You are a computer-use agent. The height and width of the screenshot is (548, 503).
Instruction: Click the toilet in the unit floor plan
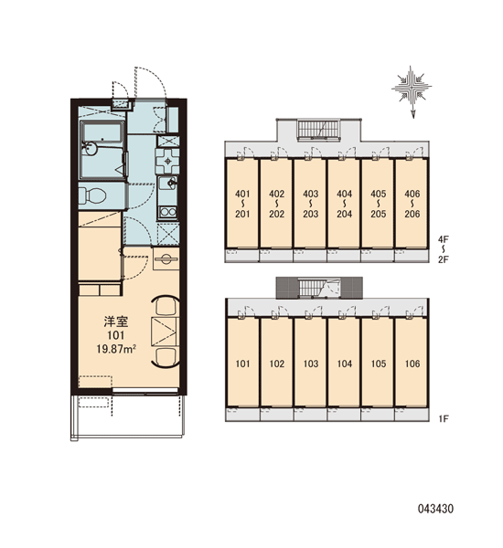tap(91, 195)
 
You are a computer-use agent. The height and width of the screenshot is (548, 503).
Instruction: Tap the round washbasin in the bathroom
tap(90, 149)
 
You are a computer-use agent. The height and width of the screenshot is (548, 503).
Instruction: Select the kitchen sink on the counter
tap(168, 183)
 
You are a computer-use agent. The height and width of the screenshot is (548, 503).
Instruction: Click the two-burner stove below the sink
tap(168, 212)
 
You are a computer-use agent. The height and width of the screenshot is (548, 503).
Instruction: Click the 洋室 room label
tap(116, 321)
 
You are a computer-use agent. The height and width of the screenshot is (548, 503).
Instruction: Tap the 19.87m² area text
tap(116, 349)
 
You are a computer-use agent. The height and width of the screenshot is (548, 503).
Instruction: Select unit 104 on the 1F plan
tap(344, 363)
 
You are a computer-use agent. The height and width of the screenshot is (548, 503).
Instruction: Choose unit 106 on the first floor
tap(412, 363)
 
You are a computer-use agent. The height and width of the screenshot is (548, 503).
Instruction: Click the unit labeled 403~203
tap(310, 204)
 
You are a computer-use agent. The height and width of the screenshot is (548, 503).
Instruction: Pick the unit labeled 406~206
tap(412, 204)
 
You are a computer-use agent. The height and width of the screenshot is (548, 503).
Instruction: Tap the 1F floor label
tap(444, 418)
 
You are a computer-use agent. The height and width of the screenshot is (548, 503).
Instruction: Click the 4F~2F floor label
tap(444, 249)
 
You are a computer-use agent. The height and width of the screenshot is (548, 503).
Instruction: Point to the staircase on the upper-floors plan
tap(318, 130)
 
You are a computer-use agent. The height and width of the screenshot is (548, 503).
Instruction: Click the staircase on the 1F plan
tap(319, 289)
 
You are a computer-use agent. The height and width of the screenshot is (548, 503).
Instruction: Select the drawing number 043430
tap(436, 509)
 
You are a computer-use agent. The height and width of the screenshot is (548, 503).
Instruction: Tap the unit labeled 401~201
tap(242, 204)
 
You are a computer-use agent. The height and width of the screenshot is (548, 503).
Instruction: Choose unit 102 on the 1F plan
tap(276, 363)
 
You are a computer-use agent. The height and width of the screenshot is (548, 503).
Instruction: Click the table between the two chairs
tap(166, 332)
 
